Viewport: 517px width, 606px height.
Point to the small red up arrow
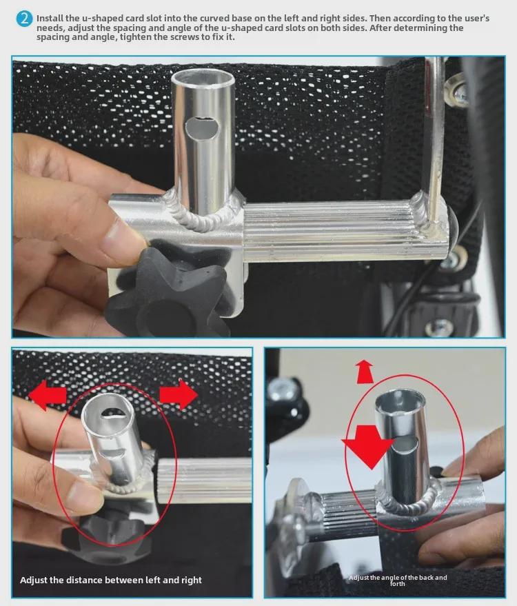(x=365, y=371)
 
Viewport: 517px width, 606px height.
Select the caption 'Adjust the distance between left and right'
(x=111, y=580)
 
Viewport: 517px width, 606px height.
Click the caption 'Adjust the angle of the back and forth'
(x=398, y=580)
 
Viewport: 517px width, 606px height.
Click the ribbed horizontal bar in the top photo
(x=338, y=232)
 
